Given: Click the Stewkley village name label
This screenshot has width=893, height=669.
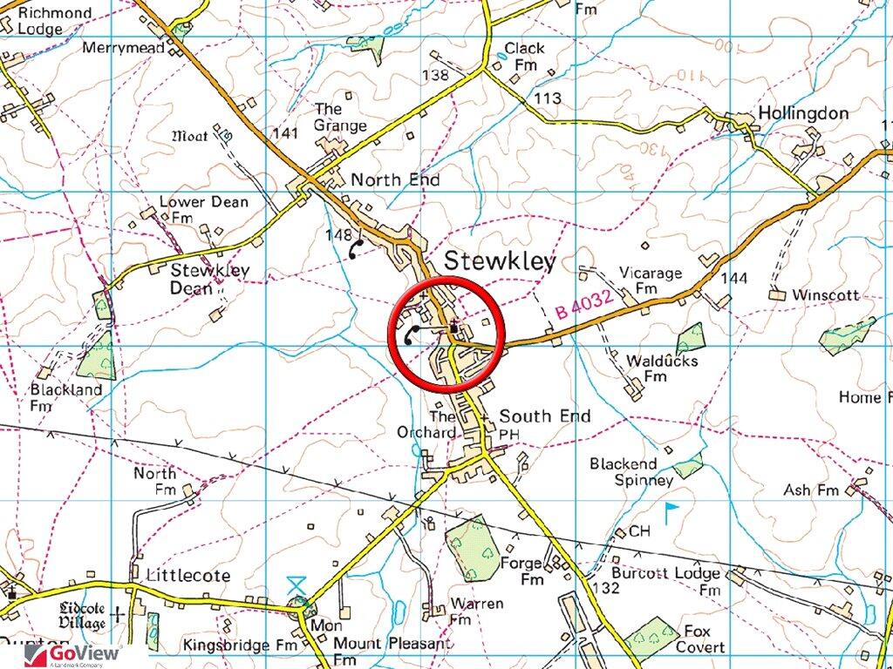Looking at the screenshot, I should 500,261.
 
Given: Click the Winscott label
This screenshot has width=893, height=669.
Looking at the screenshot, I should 825,295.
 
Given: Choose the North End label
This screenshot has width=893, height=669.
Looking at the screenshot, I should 395,180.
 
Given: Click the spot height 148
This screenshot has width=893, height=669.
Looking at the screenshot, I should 337,235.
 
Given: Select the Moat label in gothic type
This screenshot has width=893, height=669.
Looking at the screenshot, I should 190,136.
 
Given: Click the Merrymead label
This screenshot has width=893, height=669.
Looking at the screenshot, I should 123,49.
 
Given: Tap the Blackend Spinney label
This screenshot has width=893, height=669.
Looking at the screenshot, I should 631,472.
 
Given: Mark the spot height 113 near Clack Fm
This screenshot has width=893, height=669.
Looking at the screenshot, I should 548,98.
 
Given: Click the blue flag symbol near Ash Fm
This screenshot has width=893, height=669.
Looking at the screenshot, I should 671,511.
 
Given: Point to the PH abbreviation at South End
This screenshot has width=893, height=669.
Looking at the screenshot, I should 508,433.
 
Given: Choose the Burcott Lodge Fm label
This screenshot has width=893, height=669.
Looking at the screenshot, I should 678,581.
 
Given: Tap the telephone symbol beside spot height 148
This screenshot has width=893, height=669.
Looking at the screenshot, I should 355,249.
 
